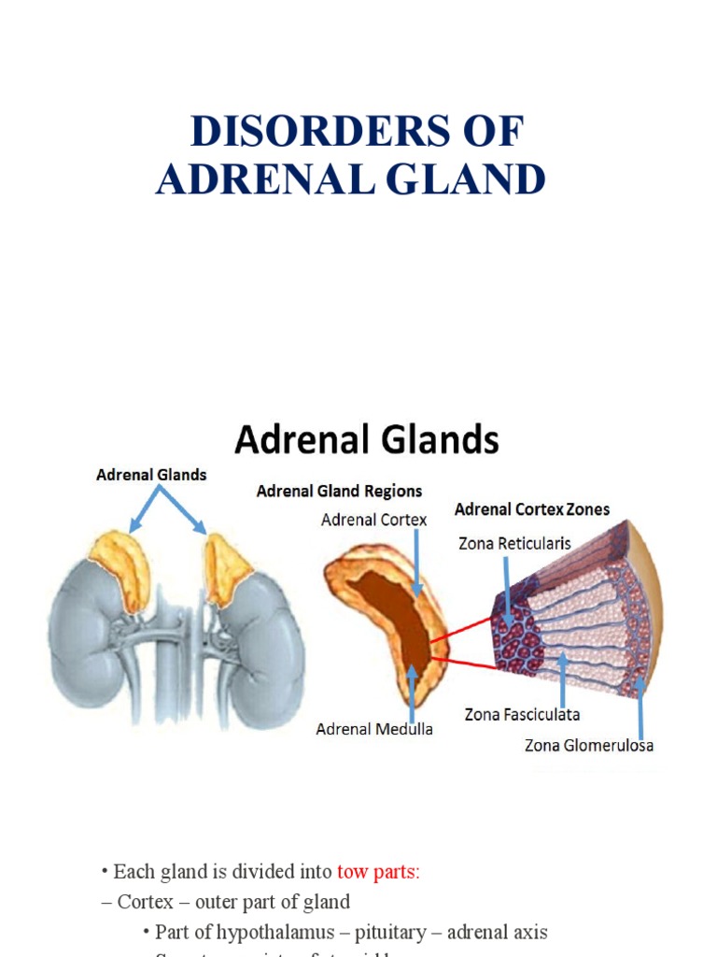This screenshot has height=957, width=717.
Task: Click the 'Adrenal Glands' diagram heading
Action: tap(367, 438)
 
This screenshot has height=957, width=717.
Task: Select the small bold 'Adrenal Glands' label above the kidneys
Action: tap(151, 475)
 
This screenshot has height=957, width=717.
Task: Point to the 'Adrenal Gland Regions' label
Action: tap(340, 491)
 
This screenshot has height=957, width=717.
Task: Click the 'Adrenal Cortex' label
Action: tap(374, 520)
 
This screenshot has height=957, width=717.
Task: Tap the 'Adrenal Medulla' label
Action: tap(373, 729)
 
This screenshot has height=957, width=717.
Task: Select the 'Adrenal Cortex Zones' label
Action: tap(532, 509)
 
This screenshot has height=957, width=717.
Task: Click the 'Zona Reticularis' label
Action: tap(514, 543)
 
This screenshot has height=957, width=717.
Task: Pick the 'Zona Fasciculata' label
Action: tap(522, 715)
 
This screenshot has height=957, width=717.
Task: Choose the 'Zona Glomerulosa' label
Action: tap(589, 745)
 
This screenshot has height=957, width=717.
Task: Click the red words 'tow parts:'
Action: tap(378, 872)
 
